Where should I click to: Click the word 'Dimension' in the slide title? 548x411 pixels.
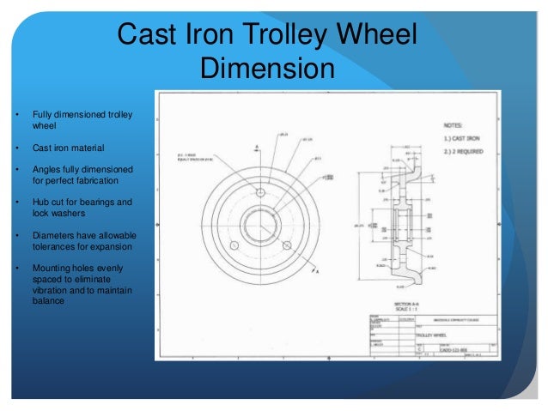pos(266,68)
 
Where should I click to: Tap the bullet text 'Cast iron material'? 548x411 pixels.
pos(70,148)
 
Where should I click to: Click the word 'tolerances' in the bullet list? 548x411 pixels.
pos(57,246)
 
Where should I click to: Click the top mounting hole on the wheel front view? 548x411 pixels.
pos(259,192)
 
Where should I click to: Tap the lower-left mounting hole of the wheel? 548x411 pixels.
pos(233,245)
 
